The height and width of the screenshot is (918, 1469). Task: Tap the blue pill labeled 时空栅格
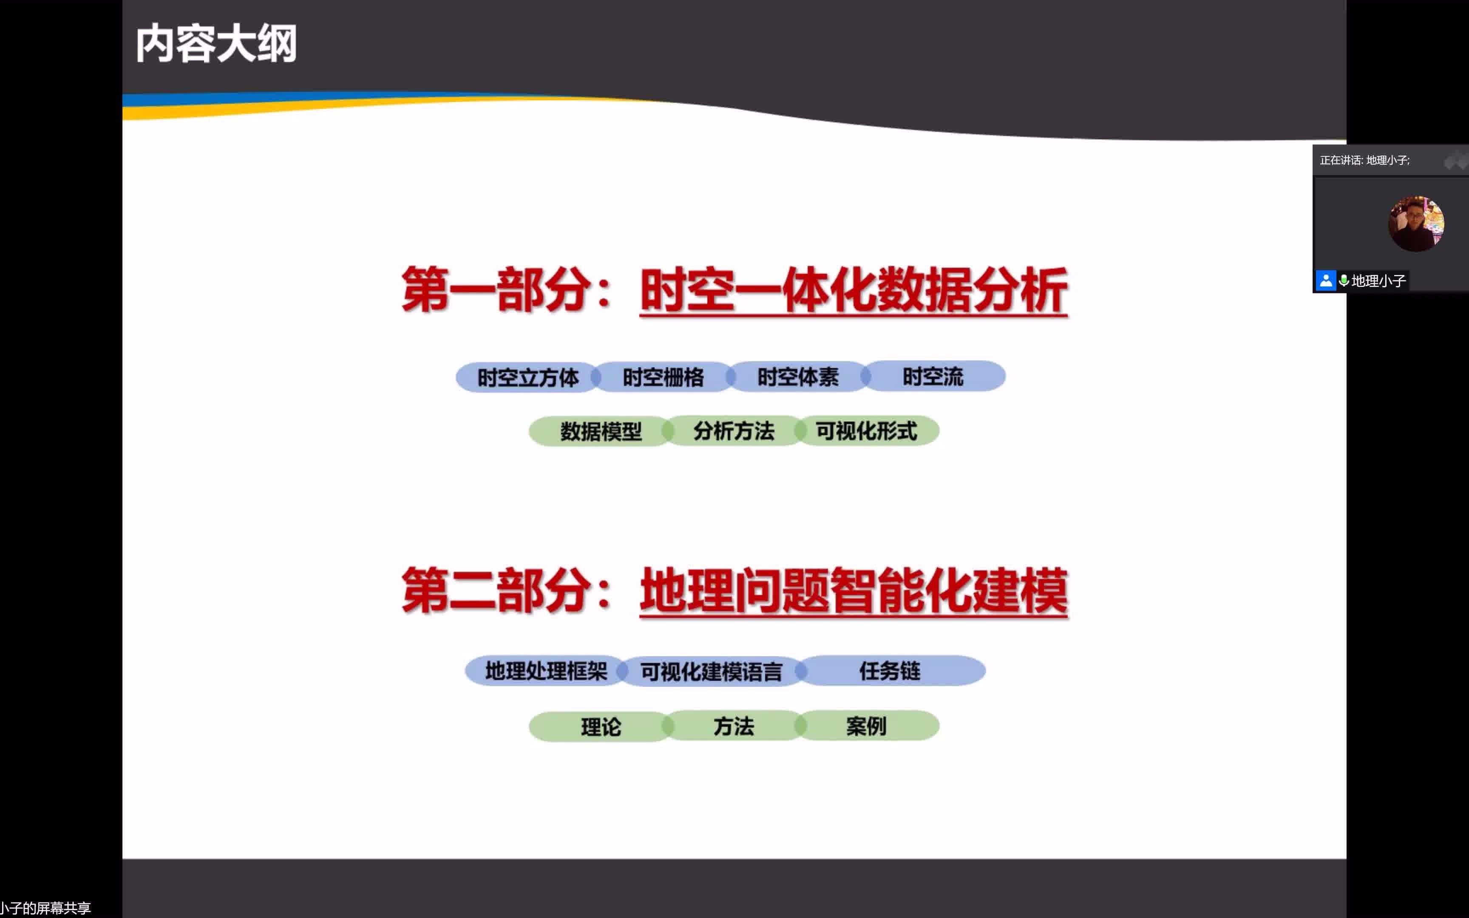[x=663, y=377]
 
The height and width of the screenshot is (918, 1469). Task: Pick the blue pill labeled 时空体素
[x=798, y=377]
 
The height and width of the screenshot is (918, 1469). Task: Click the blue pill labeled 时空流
[x=933, y=377]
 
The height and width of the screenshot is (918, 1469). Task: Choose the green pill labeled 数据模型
[x=600, y=431]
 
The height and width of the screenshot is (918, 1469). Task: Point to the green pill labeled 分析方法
[x=733, y=431]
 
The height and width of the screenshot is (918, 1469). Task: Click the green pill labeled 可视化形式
[x=867, y=431]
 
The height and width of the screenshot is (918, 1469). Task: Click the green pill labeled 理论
[x=600, y=726]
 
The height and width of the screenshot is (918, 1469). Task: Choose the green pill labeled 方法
[x=733, y=725]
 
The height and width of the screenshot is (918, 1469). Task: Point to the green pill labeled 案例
[x=867, y=725]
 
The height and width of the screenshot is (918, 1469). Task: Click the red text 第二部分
[x=496, y=591]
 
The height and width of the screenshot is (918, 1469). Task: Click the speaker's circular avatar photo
[x=1416, y=224]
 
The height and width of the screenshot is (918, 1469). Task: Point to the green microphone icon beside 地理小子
[x=1344, y=280]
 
